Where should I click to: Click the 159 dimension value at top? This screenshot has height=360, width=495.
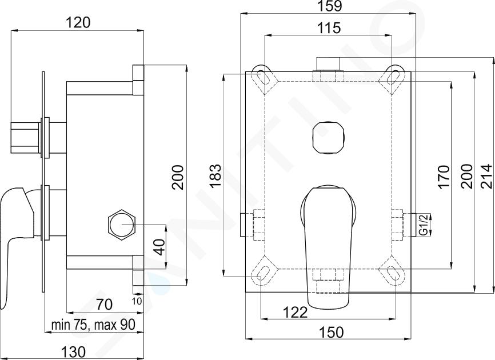[x=329, y=6]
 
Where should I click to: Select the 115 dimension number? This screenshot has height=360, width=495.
[x=329, y=28]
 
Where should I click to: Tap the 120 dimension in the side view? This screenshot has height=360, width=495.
[x=78, y=23]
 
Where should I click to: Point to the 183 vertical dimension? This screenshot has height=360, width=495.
[x=216, y=175]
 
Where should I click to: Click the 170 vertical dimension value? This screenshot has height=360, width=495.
[x=443, y=177]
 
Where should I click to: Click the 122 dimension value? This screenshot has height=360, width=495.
[x=295, y=313]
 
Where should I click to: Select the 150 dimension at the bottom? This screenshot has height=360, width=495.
[x=331, y=332]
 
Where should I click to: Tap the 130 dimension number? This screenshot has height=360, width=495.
[x=73, y=352]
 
